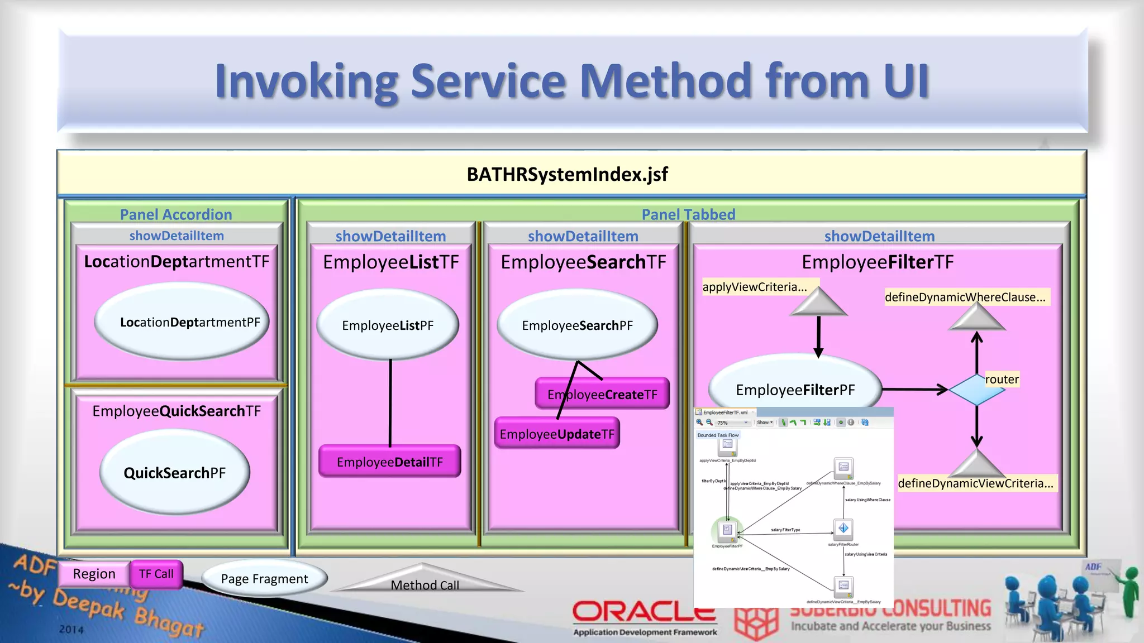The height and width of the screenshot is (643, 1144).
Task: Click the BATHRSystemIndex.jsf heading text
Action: pyautogui.click(x=567, y=174)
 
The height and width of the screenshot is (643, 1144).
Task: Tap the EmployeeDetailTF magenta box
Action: pyautogui.click(x=389, y=462)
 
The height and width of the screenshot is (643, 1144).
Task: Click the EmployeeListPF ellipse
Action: pyautogui.click(x=388, y=325)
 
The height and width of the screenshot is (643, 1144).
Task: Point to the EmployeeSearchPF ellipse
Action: pyautogui.click(x=577, y=325)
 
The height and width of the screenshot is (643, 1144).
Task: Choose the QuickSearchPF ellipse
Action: pyautogui.click(x=175, y=473)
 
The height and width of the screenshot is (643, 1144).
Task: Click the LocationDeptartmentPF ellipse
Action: pyautogui.click(x=182, y=322)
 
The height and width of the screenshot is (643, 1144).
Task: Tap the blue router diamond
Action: pyautogui.click(x=976, y=390)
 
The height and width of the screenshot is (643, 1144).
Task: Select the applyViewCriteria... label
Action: pyautogui.click(x=754, y=287)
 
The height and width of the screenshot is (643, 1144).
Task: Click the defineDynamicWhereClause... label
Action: pyautogui.click(x=965, y=297)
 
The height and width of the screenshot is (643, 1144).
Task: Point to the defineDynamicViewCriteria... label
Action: pyautogui.click(x=975, y=483)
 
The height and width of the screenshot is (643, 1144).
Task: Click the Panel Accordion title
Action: pyautogui.click(x=176, y=214)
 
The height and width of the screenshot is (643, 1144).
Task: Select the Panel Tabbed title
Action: pyautogui.click(x=688, y=214)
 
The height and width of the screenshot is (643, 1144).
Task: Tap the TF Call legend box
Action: pyautogui.click(x=156, y=574)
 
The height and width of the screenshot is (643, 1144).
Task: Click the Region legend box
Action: pyautogui.click(x=94, y=574)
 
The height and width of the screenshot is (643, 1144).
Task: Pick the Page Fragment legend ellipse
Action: pyautogui.click(x=264, y=579)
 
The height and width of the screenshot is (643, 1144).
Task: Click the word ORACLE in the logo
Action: pyautogui.click(x=643, y=612)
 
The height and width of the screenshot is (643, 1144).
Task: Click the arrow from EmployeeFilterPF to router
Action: pyautogui.click(x=914, y=390)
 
